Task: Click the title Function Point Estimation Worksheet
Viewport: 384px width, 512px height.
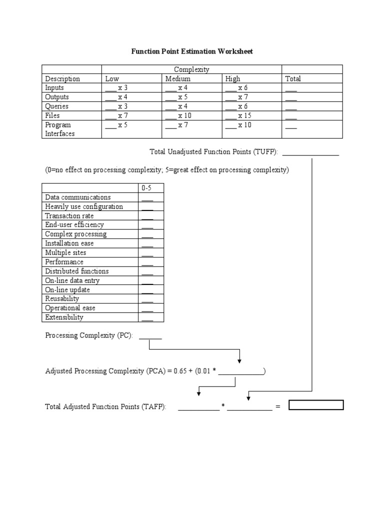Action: pos(192,51)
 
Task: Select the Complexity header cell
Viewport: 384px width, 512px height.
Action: pos(191,69)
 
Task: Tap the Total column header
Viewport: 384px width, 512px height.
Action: pos(293,78)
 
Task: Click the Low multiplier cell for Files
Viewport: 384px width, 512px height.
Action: pos(116,115)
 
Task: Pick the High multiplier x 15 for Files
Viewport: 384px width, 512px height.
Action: pos(238,115)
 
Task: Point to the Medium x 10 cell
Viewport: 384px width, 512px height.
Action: pos(177,115)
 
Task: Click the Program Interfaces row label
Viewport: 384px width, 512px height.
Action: pos(59,129)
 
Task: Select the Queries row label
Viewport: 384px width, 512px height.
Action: pos(56,106)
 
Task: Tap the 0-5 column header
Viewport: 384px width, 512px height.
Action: pos(147,188)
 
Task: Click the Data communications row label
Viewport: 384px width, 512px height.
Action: pos(78,197)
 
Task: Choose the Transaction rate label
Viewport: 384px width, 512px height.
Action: pos(69,216)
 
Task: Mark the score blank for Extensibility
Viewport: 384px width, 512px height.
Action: pos(147,318)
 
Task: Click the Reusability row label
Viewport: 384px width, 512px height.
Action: pos(62,299)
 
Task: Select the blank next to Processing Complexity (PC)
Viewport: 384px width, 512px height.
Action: pos(150,336)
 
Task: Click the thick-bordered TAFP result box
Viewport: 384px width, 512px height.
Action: pos(316,405)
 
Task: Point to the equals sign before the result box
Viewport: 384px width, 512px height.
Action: pos(278,407)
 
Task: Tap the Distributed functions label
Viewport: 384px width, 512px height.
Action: pos(76,271)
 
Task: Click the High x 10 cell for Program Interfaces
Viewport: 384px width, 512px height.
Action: pos(238,125)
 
